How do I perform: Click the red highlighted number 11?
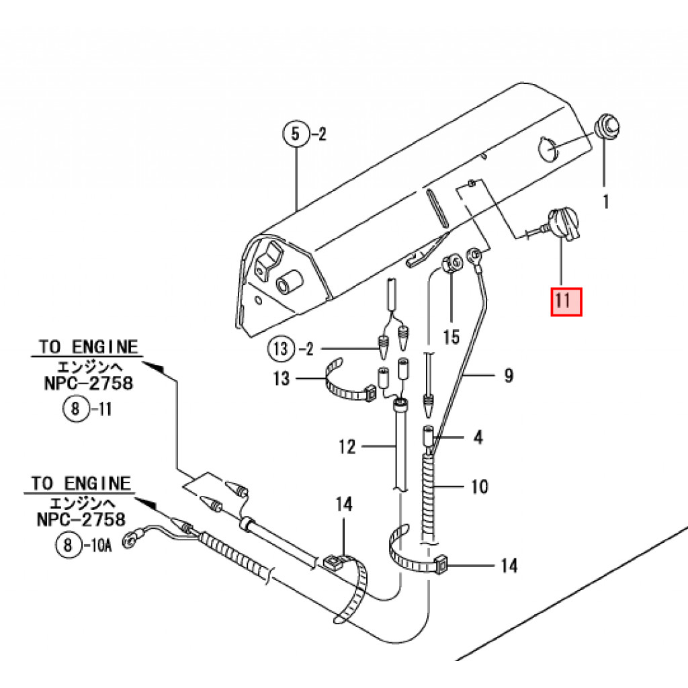pyautogui.click(x=566, y=302)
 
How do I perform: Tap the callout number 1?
pyautogui.click(x=605, y=201)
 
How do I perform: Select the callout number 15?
pyautogui.click(x=451, y=336)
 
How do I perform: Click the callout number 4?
pyautogui.click(x=478, y=437)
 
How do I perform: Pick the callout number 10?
pyautogui.click(x=479, y=485)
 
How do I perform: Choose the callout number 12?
pyautogui.click(x=347, y=445)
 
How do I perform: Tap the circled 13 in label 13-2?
pyautogui.click(x=281, y=349)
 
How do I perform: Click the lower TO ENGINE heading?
pyautogui.click(x=81, y=483)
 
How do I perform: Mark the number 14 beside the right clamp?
pyautogui.click(x=509, y=566)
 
